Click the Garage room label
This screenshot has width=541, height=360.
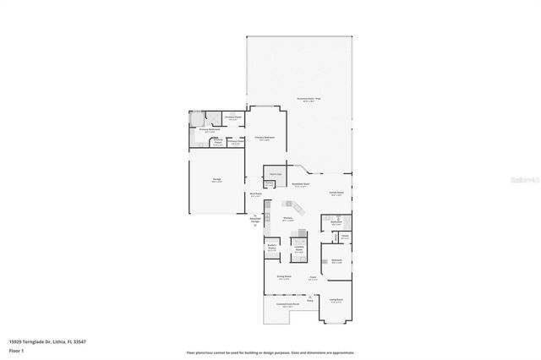(x=217, y=180)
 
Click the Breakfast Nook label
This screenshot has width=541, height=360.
(x=300, y=184)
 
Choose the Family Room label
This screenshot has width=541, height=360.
(x=336, y=193)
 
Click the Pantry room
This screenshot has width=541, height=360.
(x=269, y=183)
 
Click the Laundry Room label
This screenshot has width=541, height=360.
(x=298, y=248)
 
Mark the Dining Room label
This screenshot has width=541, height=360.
(x=284, y=277)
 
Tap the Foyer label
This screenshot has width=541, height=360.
(x=312, y=277)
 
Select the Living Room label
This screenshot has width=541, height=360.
(x=336, y=300)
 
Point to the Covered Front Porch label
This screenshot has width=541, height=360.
(x=289, y=305)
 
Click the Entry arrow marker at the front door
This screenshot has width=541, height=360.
(x=310, y=298)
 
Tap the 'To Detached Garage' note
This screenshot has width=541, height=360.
(x=255, y=221)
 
